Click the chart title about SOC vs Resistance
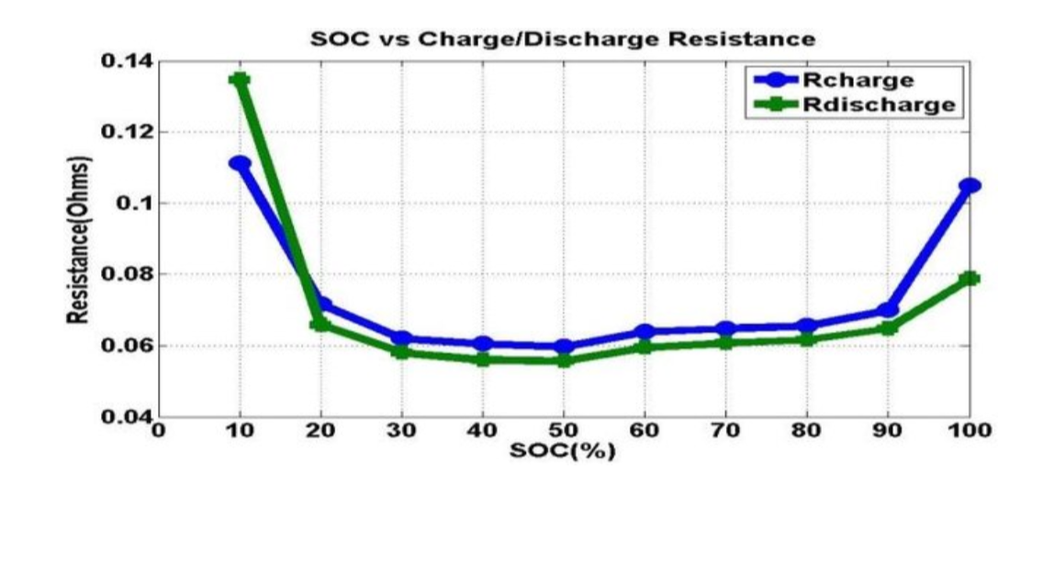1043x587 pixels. coord(562,39)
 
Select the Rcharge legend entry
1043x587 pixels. coord(858,80)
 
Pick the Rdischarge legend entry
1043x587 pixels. coord(878,104)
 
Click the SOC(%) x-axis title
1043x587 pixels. coord(562,450)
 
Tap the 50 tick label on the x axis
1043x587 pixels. coord(563,431)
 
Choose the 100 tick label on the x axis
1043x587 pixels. coord(970,431)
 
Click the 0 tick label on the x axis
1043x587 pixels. coord(158,431)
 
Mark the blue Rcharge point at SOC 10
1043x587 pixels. coord(240,164)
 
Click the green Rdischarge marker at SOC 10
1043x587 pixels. coord(240,80)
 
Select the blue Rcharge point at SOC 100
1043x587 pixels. coord(970,185)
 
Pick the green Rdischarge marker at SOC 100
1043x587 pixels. coord(970,278)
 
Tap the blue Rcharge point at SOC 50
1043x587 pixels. coord(564,347)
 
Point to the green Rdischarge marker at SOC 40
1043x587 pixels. coord(482,360)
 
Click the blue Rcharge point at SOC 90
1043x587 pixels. coord(888,310)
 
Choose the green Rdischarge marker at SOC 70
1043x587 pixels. coord(725,342)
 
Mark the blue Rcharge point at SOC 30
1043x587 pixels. coord(401,338)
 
